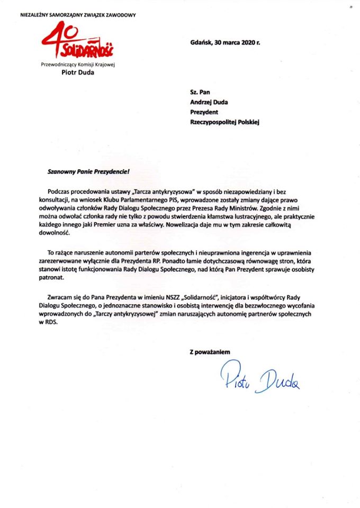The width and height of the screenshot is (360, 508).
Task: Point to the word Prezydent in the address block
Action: tap(204, 112)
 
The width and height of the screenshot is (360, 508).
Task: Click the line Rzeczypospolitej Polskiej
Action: tap(224, 122)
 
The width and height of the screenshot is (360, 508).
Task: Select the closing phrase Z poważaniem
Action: tap(210, 351)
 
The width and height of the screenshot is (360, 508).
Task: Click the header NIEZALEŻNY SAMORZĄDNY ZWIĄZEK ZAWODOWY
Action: tap(78, 15)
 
